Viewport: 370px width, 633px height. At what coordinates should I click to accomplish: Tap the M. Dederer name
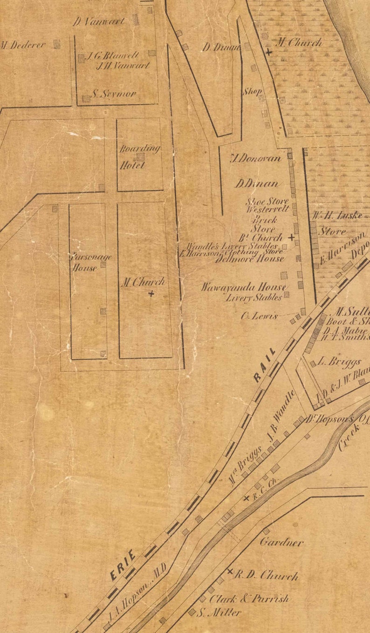point(23,45)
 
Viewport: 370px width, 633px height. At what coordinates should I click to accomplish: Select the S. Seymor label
point(114,94)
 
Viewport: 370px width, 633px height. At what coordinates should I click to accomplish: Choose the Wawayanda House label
point(243,287)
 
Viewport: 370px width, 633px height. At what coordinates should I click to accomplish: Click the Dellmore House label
point(249,259)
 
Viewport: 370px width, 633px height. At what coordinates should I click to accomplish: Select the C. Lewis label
point(260,316)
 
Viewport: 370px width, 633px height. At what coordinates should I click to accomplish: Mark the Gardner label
point(281,542)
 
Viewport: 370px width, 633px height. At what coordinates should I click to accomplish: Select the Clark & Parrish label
point(249,599)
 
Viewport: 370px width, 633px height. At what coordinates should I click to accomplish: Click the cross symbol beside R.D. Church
point(230,572)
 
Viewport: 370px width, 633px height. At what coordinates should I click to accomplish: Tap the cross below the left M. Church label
point(151,294)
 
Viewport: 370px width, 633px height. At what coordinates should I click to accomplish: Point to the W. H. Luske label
point(331,216)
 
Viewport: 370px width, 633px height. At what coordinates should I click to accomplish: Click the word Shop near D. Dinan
point(252,92)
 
